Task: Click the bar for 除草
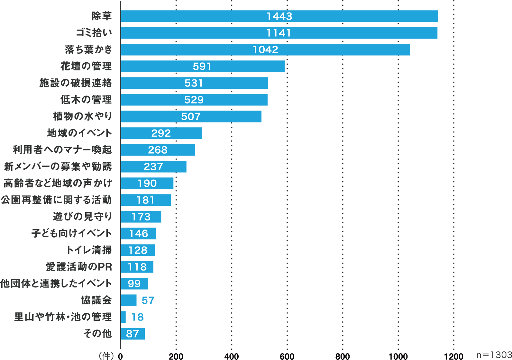pos(279,16)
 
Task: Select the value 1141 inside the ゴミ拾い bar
pos(279,33)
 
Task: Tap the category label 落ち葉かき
pos(88,50)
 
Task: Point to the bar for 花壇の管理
pos(203,66)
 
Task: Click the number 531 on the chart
pos(194,83)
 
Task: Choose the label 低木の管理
pos(86,100)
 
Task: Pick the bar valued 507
pos(191,116)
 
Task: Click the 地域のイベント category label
pos(79,133)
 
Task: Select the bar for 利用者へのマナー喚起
pos(158,150)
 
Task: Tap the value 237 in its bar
pos(153,166)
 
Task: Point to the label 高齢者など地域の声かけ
pos(58,183)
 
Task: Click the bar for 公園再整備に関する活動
pos(146,200)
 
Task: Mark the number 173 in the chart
pos(141,217)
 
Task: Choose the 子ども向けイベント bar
pos(139,233)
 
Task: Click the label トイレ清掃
pos(89,250)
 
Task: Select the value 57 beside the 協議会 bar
pos(148,300)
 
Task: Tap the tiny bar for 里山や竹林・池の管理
pos(123,317)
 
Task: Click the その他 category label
pos(97,334)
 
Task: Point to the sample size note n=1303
pos(494,355)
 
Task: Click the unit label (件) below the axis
pos(106,355)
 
